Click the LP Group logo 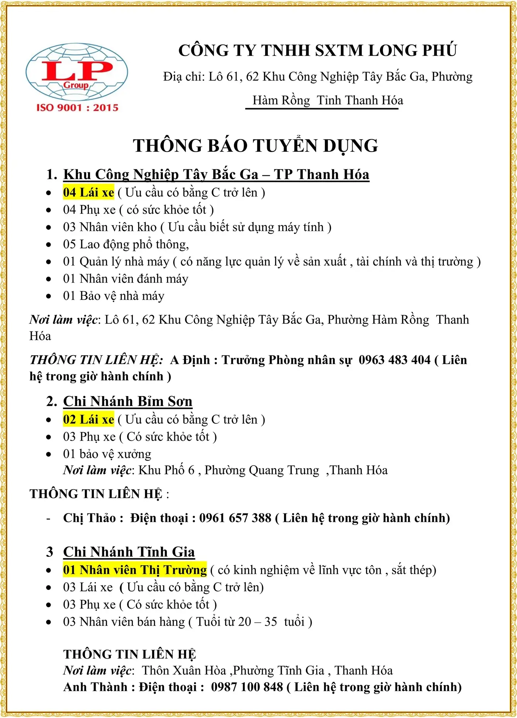coord(77,72)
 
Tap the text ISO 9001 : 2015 coord(77,107)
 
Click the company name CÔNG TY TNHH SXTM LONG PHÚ coord(318,51)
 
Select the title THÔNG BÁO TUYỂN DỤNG coord(256,145)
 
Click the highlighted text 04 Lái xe coord(89,192)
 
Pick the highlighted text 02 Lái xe coord(89,419)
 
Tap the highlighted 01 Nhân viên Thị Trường coord(135,570)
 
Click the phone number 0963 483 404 coord(394,360)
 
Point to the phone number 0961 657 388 coord(235,518)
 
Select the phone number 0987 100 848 coord(247,687)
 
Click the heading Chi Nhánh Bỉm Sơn coord(128,401)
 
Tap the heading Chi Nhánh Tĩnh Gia coord(129,552)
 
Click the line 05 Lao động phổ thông coord(126,244)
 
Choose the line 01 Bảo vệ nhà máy coord(114,296)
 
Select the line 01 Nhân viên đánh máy coord(126,279)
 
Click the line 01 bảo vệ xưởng coord(107,454)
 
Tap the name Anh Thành coord(95,687)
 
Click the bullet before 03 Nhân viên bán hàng coord(49,622)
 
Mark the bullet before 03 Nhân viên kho coord(49,227)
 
